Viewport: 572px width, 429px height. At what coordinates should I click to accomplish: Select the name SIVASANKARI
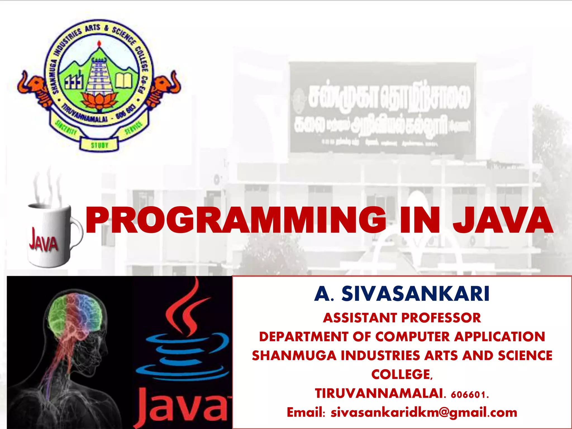tap(415, 294)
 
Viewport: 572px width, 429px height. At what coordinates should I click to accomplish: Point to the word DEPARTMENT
tap(304, 337)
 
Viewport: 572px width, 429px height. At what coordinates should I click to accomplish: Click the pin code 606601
tap(469, 394)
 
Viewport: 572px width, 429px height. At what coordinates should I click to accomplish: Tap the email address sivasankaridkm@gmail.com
tap(424, 413)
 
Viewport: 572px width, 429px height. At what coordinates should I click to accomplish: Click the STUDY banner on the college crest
tap(99, 145)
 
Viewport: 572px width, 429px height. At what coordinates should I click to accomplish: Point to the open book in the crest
tap(124, 80)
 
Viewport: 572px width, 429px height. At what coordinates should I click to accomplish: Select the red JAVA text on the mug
tap(43, 240)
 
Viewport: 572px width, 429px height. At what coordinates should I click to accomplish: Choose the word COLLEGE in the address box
tap(401, 375)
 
